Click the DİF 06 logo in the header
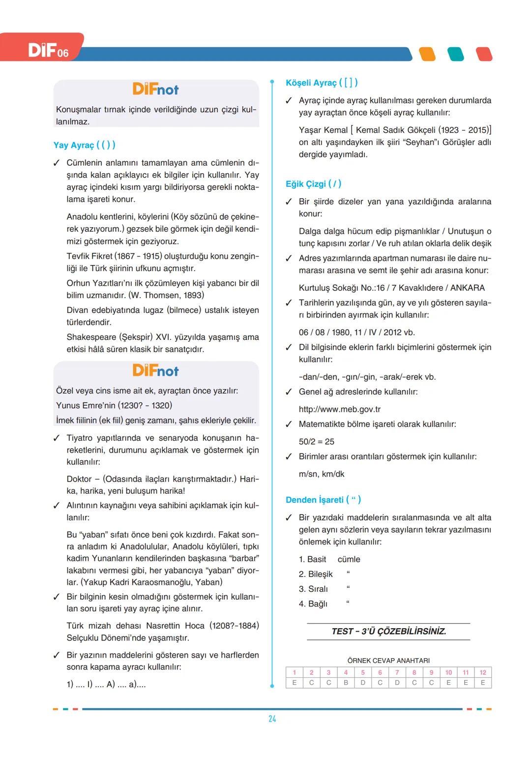(48, 50)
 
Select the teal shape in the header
(456, 54)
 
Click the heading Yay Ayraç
(84, 145)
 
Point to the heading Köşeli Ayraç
(322, 83)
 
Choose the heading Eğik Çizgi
(313, 184)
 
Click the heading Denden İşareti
(323, 500)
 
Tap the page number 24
(272, 719)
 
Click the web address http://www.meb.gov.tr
(340, 409)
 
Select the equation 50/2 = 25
(317, 442)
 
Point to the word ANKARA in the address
(468, 288)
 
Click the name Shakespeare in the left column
(91, 337)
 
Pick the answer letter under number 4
(346, 683)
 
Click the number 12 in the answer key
(483, 672)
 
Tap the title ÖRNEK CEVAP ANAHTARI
(388, 661)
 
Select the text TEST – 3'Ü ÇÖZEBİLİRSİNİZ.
(388, 632)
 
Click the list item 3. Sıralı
(313, 589)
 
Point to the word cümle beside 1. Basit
(349, 559)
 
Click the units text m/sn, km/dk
(322, 474)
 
